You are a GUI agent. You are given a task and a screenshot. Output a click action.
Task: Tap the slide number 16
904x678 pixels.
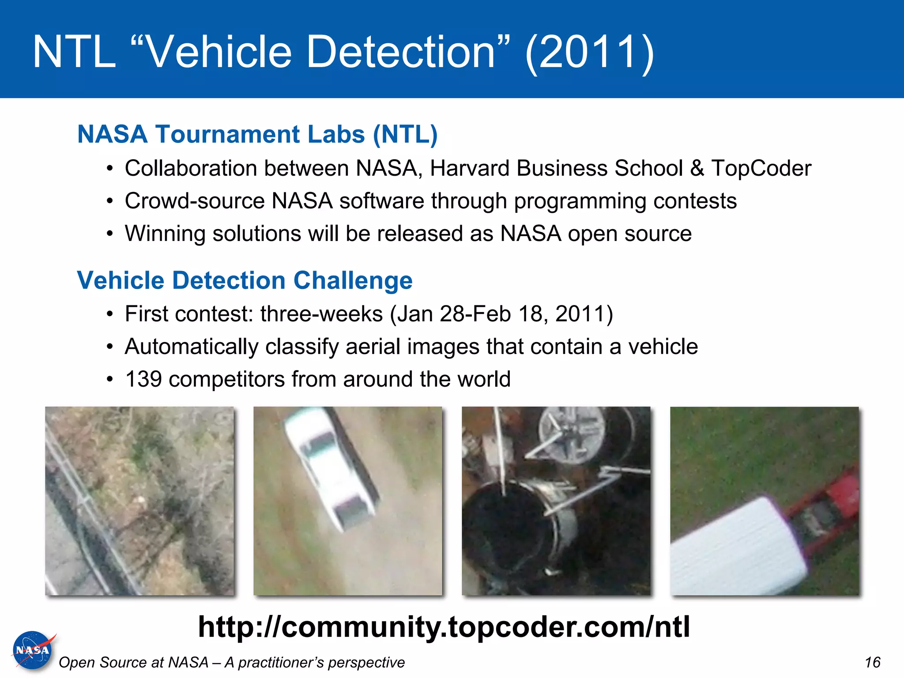tap(872, 662)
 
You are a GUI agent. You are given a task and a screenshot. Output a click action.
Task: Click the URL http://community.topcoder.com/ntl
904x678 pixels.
tap(444, 627)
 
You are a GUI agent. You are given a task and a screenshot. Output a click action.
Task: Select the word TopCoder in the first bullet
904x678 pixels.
tap(761, 168)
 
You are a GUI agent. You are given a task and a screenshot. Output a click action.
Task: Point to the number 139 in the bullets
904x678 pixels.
tap(143, 379)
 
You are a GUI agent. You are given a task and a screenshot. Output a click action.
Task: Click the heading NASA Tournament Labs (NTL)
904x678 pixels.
tap(257, 134)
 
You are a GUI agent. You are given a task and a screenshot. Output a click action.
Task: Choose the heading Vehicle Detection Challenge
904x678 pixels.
tap(245, 280)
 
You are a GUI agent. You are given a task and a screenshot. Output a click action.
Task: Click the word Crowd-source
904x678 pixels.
tap(194, 201)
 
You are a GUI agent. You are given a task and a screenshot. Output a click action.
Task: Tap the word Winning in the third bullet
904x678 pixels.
tap(165, 234)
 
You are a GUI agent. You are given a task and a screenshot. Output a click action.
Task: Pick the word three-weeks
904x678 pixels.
tap(321, 314)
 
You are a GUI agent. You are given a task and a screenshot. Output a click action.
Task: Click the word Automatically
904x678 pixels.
tap(191, 347)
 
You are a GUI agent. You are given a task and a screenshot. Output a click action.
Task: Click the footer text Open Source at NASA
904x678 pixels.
tap(133, 662)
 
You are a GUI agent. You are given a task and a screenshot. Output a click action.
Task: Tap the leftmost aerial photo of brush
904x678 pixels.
tap(139, 501)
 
